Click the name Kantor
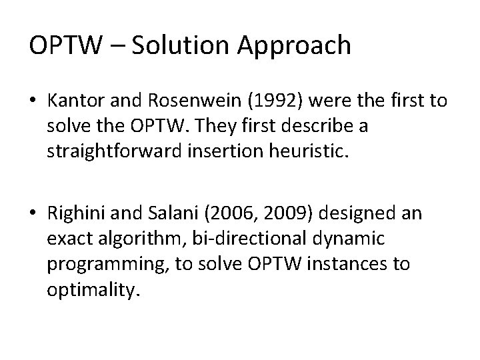tap(73, 102)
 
